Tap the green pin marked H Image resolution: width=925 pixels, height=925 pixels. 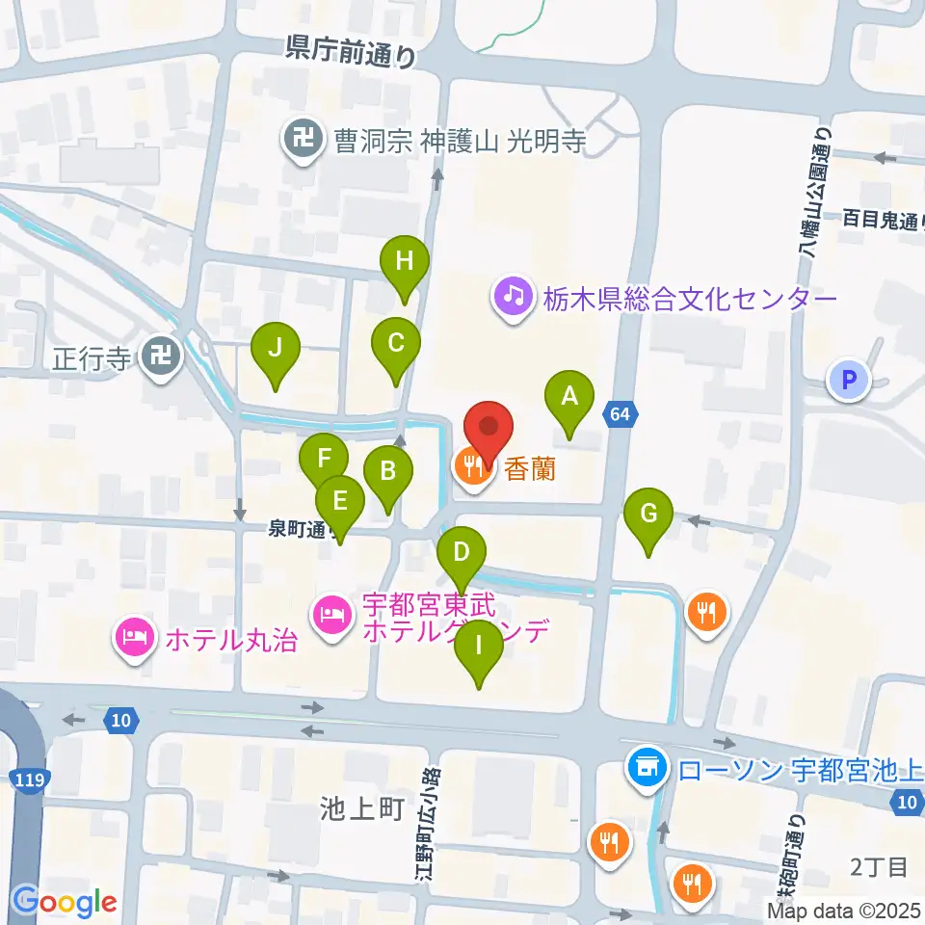click(404, 261)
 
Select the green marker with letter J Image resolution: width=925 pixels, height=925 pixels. click(276, 348)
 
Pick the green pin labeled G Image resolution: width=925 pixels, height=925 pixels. click(648, 514)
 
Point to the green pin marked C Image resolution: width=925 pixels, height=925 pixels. click(395, 343)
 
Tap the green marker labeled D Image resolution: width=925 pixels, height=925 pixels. click(462, 554)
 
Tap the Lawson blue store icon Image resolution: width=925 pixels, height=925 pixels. click(646, 768)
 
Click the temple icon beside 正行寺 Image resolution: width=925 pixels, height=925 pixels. click(161, 358)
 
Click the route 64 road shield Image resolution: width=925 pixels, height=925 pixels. click(621, 414)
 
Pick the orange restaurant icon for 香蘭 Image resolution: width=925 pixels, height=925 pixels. click(472, 467)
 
